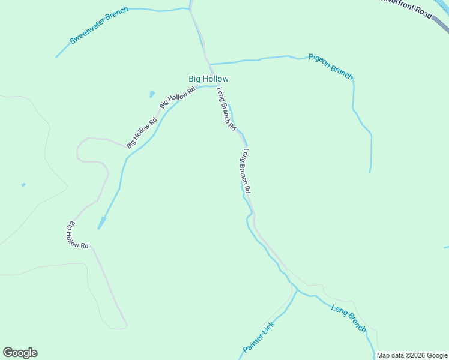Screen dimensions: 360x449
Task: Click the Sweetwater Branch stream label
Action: coord(99,26)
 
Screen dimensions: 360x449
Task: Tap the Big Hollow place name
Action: coord(208,79)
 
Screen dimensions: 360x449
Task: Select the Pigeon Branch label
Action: coord(331,65)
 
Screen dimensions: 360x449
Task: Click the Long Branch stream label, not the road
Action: coord(349,318)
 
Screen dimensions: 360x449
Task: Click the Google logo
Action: coord(20,353)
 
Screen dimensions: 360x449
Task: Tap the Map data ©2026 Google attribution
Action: coord(412,355)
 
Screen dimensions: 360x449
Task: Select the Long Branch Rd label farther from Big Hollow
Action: coord(246,171)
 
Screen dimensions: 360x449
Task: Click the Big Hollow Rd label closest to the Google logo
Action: coord(77,236)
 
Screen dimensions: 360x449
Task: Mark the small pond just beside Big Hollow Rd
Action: coord(152,94)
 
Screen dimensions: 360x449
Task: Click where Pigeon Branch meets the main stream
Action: coord(209,64)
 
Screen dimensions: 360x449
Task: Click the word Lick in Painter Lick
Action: coord(267,328)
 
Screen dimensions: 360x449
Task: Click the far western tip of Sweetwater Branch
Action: coord(57,57)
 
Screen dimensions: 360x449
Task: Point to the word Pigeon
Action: coord(320,61)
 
